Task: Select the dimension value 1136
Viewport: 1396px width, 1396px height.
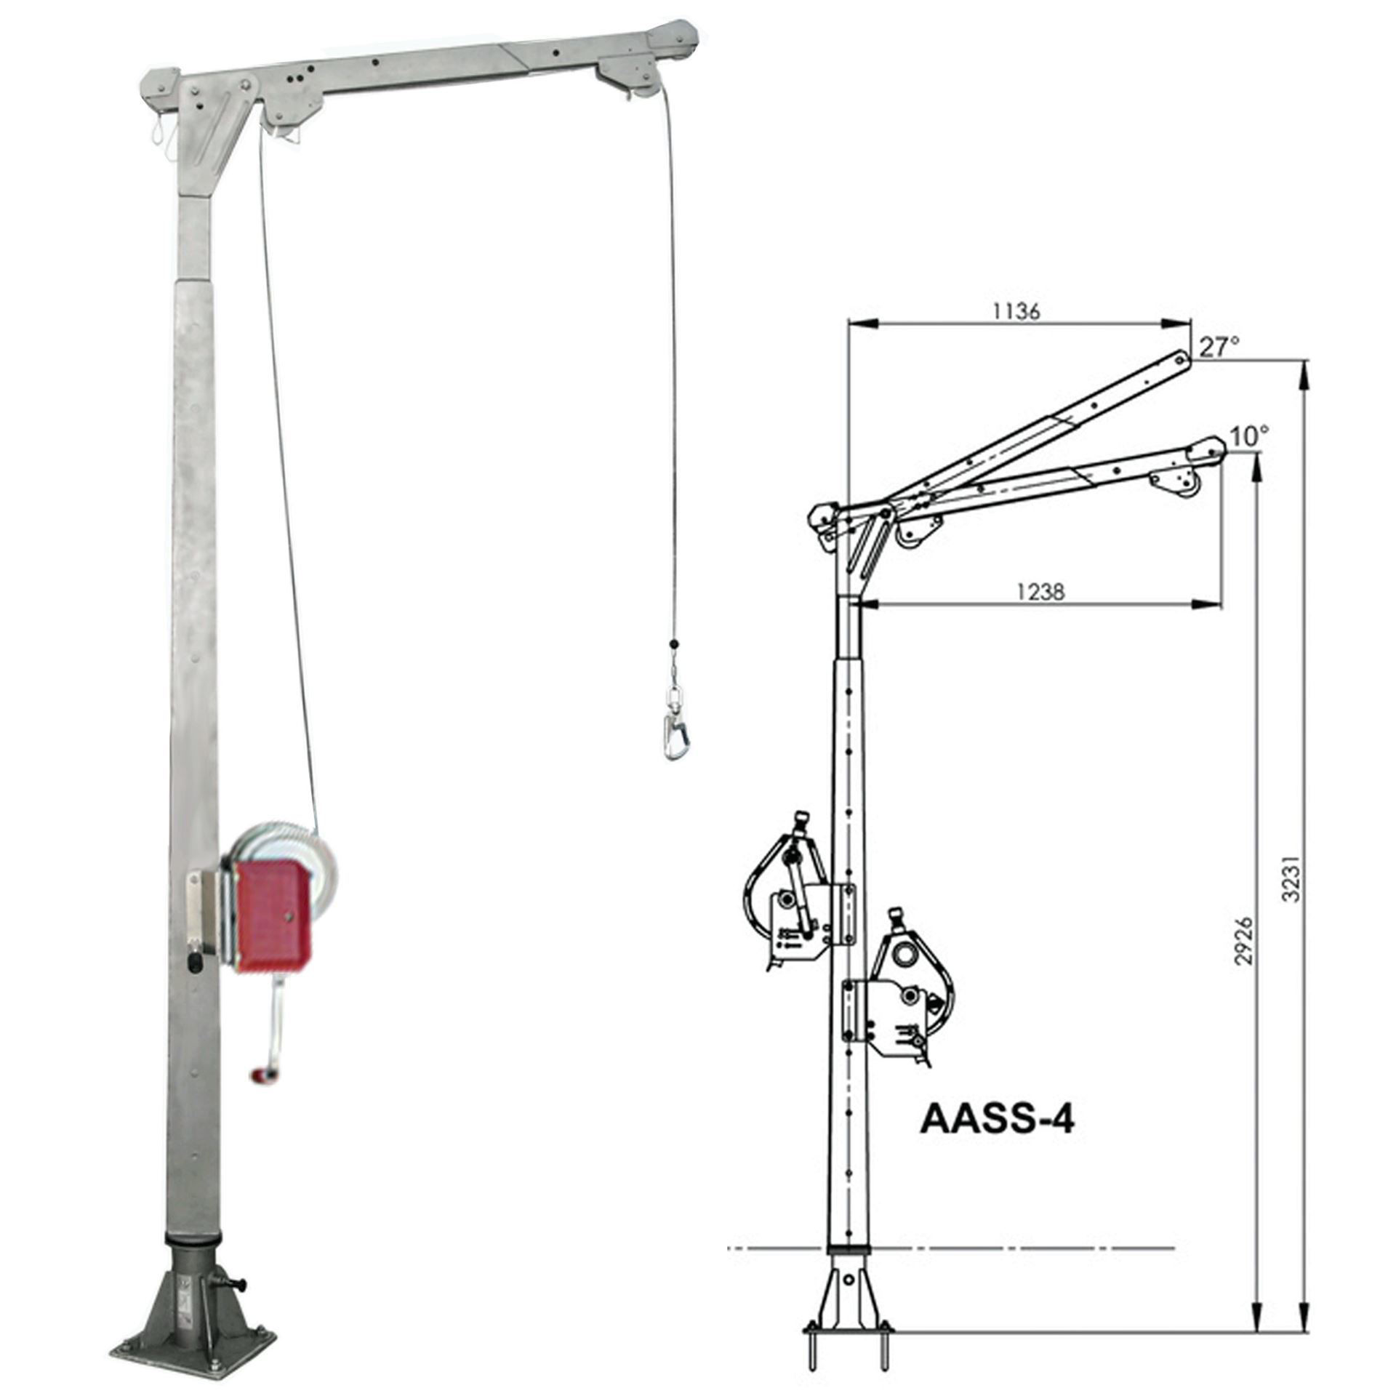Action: pos(1016,310)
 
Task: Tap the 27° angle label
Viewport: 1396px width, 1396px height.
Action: pos(1219,348)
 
